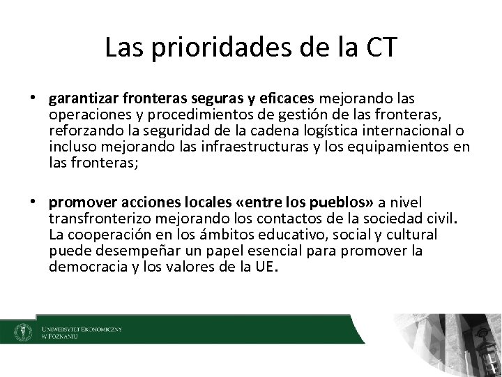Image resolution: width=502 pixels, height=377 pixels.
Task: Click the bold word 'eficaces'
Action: pyautogui.click(x=282, y=98)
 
